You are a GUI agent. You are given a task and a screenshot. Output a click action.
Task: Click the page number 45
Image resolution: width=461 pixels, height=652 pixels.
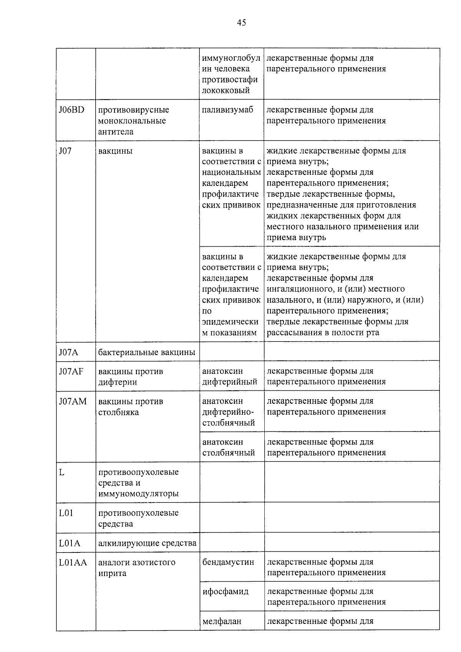pos(241,23)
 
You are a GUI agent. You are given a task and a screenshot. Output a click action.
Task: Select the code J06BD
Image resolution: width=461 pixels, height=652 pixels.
pos(71,110)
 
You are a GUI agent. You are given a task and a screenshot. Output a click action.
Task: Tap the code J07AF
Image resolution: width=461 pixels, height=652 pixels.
pos(71,371)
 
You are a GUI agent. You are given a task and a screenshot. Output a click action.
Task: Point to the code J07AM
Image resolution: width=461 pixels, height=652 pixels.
pos(73,401)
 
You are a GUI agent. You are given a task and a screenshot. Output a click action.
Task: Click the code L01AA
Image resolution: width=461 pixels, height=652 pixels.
pos(73,562)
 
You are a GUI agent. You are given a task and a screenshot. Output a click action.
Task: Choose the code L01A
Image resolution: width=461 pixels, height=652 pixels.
pos(70,543)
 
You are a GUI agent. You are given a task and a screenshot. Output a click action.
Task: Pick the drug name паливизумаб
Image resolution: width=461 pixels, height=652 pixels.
pos(228,110)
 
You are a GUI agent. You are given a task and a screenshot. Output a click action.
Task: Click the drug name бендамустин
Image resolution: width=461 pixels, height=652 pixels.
pos(228,562)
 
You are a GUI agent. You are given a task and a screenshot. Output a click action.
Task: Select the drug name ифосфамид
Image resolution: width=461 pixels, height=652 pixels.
pos(226,592)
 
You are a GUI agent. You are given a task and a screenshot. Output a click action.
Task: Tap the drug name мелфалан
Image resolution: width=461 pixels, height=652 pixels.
pos(222,621)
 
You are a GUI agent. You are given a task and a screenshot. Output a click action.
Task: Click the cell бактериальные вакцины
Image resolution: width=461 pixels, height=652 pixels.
pos(147,352)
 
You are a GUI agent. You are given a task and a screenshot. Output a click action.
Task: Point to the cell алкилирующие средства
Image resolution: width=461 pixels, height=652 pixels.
pos(147,543)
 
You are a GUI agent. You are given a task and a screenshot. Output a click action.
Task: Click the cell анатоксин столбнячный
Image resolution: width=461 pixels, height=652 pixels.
pos(229,447)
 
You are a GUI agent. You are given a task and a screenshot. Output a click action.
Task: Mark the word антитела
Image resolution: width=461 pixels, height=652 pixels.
pos(116,132)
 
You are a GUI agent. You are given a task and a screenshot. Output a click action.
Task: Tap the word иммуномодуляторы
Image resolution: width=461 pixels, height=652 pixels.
pos(138,494)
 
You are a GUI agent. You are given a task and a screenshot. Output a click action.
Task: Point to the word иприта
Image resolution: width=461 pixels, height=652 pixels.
pos(112,573)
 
